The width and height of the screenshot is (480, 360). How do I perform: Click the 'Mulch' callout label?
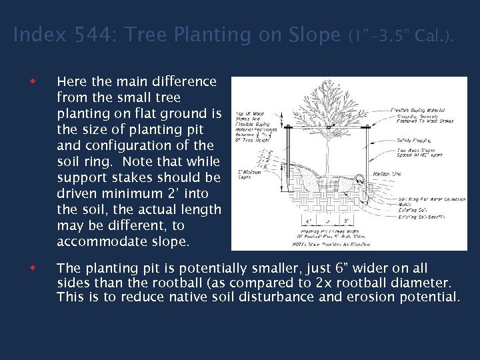[405, 205]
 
